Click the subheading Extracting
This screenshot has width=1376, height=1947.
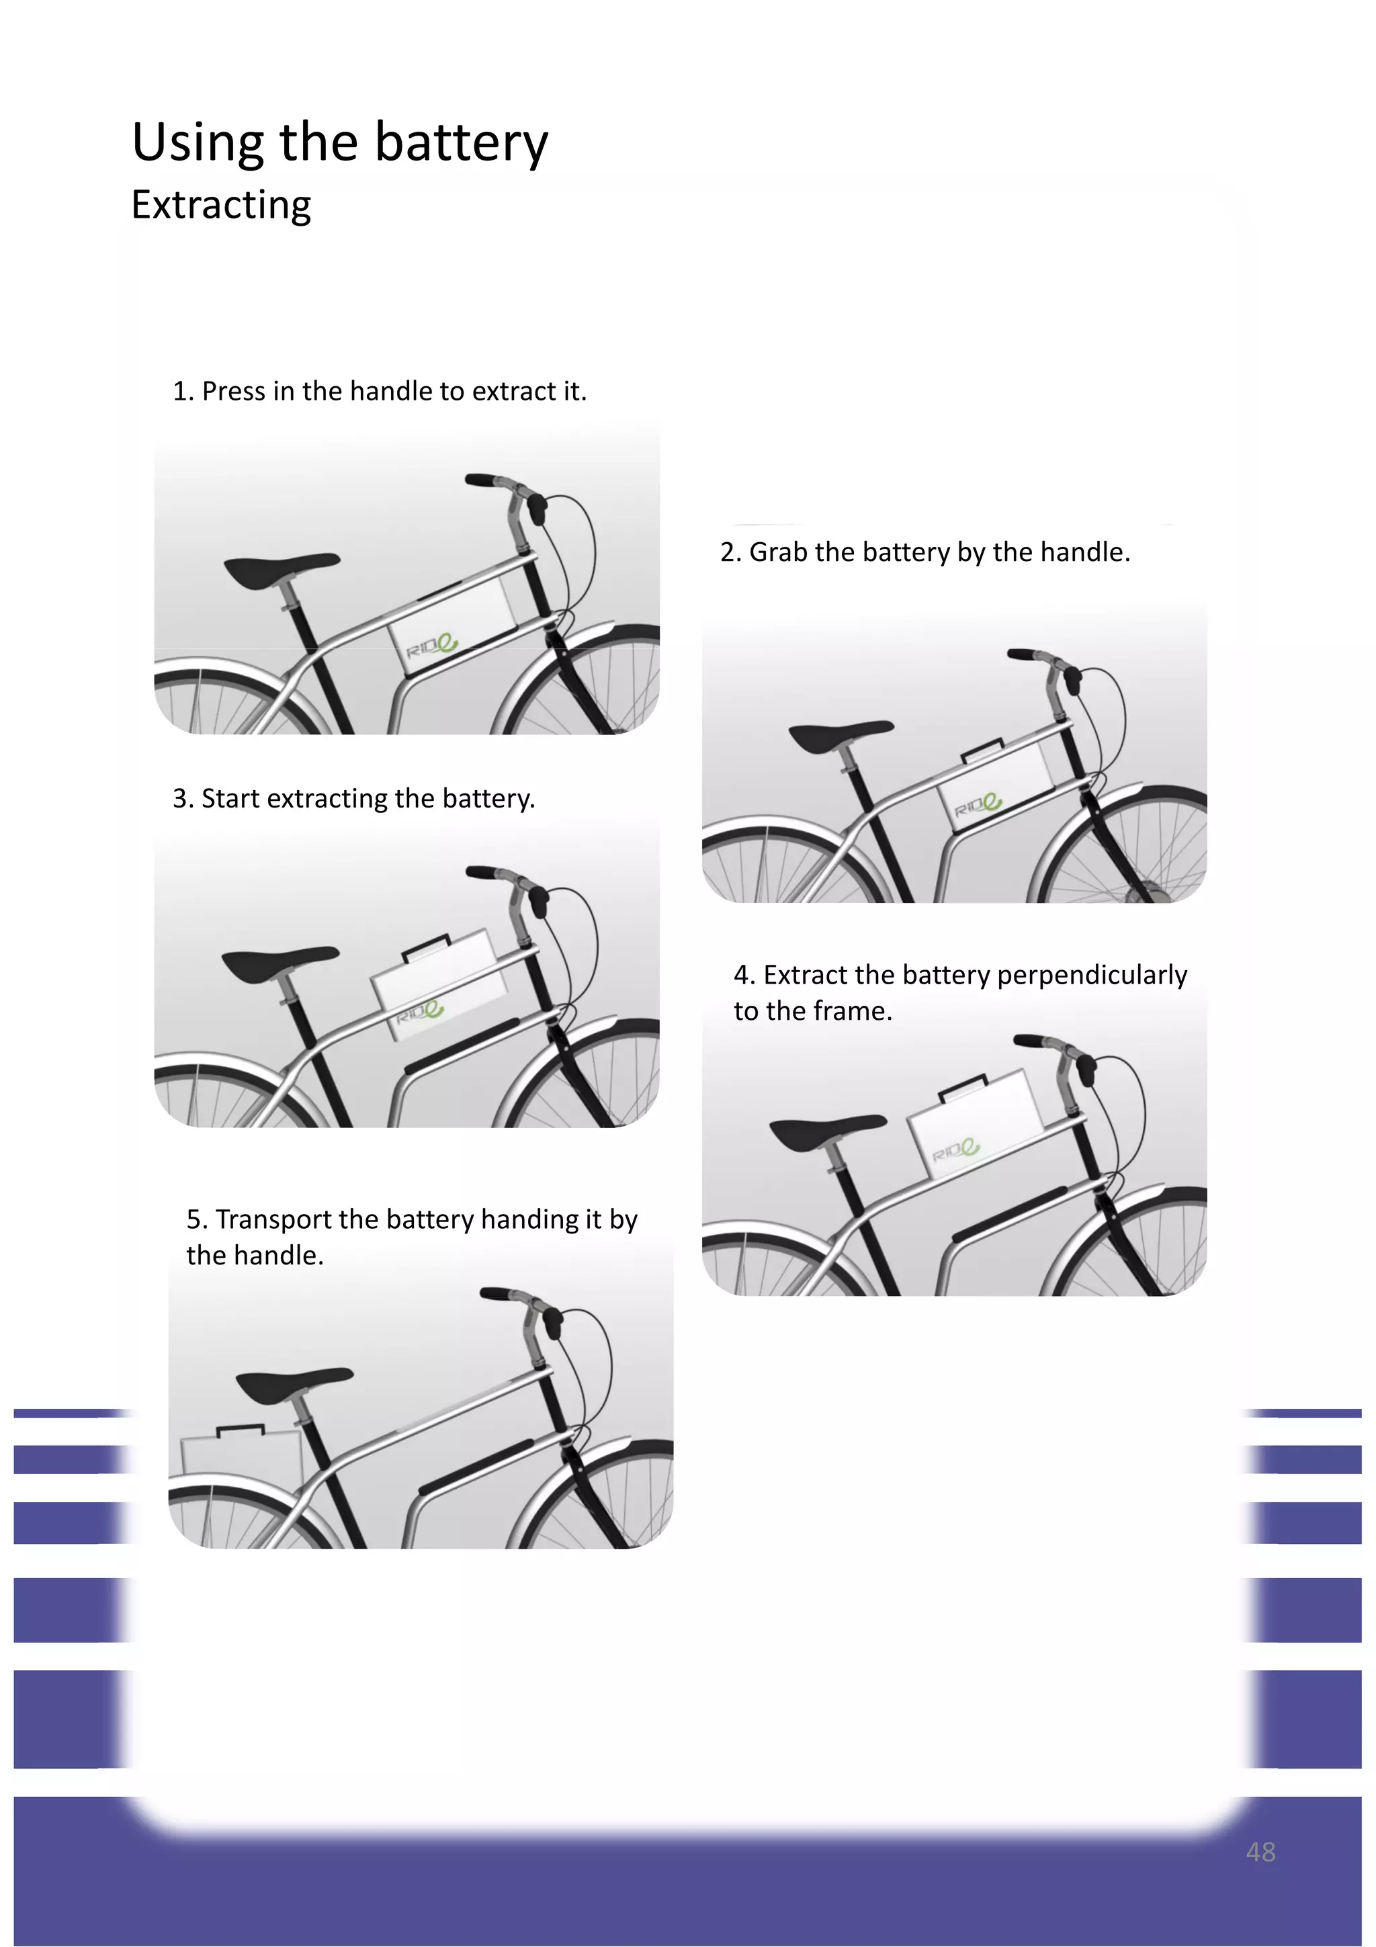click(221, 205)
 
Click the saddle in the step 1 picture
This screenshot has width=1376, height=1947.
click(279, 570)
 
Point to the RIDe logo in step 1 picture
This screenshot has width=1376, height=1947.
click(431, 647)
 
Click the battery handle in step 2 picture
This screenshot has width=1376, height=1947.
click(982, 750)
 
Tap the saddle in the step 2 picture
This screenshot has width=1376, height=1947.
click(838, 734)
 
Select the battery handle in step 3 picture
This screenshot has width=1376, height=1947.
click(425, 945)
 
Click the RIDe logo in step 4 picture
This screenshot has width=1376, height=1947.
click(956, 1151)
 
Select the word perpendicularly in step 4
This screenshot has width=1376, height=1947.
click(1092, 976)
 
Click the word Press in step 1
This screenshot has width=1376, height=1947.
click(233, 392)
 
